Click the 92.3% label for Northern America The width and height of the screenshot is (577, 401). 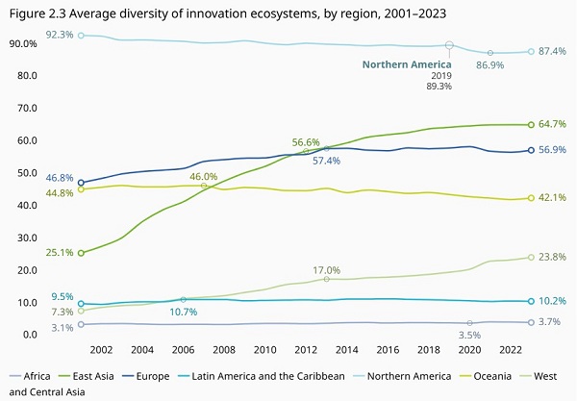point(60,35)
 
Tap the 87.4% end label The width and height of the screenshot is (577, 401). point(552,51)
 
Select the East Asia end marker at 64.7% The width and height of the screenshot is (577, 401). point(531,125)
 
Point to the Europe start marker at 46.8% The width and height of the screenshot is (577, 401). point(81,183)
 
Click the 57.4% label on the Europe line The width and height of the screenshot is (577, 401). point(326,161)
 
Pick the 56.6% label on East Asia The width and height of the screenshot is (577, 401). point(306,142)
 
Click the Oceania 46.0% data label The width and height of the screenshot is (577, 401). point(204,177)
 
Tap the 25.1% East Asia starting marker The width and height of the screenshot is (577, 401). point(81,253)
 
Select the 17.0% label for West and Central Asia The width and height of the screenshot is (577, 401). point(326,270)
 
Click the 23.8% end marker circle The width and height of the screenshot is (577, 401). point(531,257)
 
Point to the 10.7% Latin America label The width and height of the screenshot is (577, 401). point(184,312)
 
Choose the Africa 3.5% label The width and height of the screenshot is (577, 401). point(469,335)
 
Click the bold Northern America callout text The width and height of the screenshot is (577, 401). point(407,64)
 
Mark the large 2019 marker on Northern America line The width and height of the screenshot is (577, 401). point(449,45)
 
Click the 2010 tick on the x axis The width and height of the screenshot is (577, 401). point(265,349)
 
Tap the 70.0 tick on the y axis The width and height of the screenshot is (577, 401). point(27,108)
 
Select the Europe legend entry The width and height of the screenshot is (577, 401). point(146,376)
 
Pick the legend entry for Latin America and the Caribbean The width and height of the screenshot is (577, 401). point(262,376)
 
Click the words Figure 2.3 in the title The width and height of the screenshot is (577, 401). point(38,14)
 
